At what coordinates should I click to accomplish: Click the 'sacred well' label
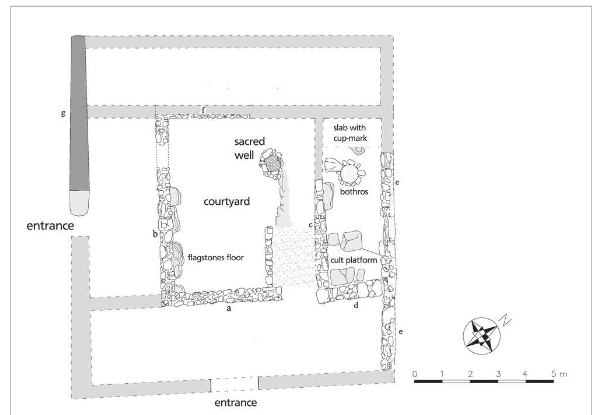[250, 148]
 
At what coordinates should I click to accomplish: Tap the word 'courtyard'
[227, 202]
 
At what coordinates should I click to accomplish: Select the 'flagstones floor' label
[216, 257]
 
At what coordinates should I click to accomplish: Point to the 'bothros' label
[354, 192]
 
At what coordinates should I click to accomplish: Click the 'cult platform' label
[354, 260]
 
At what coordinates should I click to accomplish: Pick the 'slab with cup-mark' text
[350, 133]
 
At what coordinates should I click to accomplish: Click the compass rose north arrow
[482, 336]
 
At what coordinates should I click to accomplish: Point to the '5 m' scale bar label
[559, 374]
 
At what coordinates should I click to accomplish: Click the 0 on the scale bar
[415, 374]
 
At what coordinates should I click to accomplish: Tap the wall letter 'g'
[63, 113]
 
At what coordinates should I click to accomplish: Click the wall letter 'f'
[204, 110]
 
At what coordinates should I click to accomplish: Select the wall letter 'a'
[229, 308]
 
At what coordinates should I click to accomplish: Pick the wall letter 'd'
[356, 305]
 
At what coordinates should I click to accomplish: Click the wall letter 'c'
[311, 225]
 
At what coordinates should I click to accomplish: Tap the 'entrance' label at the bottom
[236, 402]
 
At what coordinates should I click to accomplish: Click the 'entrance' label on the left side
[50, 226]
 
